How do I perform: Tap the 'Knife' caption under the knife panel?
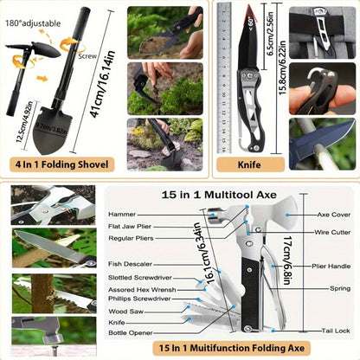coord(251,161)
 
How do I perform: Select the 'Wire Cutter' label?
coord(332,233)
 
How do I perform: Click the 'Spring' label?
coord(339,287)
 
